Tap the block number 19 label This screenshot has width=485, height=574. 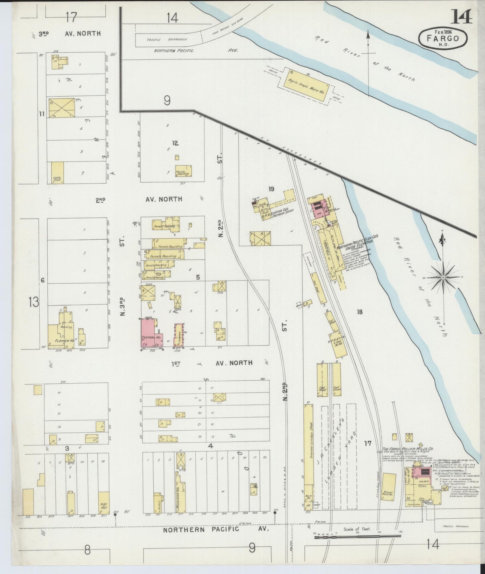271,189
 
